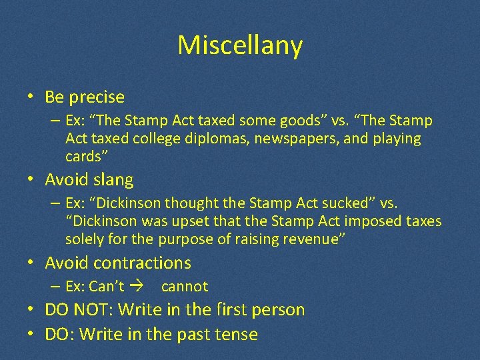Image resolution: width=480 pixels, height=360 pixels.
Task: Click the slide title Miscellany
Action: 240,45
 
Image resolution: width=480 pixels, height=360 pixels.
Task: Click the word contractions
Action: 143,263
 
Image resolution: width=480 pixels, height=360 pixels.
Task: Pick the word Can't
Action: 107,287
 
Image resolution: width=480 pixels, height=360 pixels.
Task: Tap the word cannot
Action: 185,287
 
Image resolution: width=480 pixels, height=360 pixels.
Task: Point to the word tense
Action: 237,334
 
